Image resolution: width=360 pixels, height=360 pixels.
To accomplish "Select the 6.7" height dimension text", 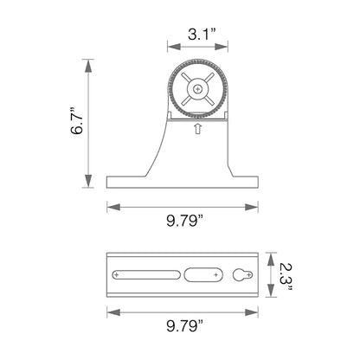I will [77, 123].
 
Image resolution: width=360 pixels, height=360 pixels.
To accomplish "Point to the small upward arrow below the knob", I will [197, 130].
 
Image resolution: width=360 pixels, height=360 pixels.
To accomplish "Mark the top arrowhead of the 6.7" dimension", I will [87, 62].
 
